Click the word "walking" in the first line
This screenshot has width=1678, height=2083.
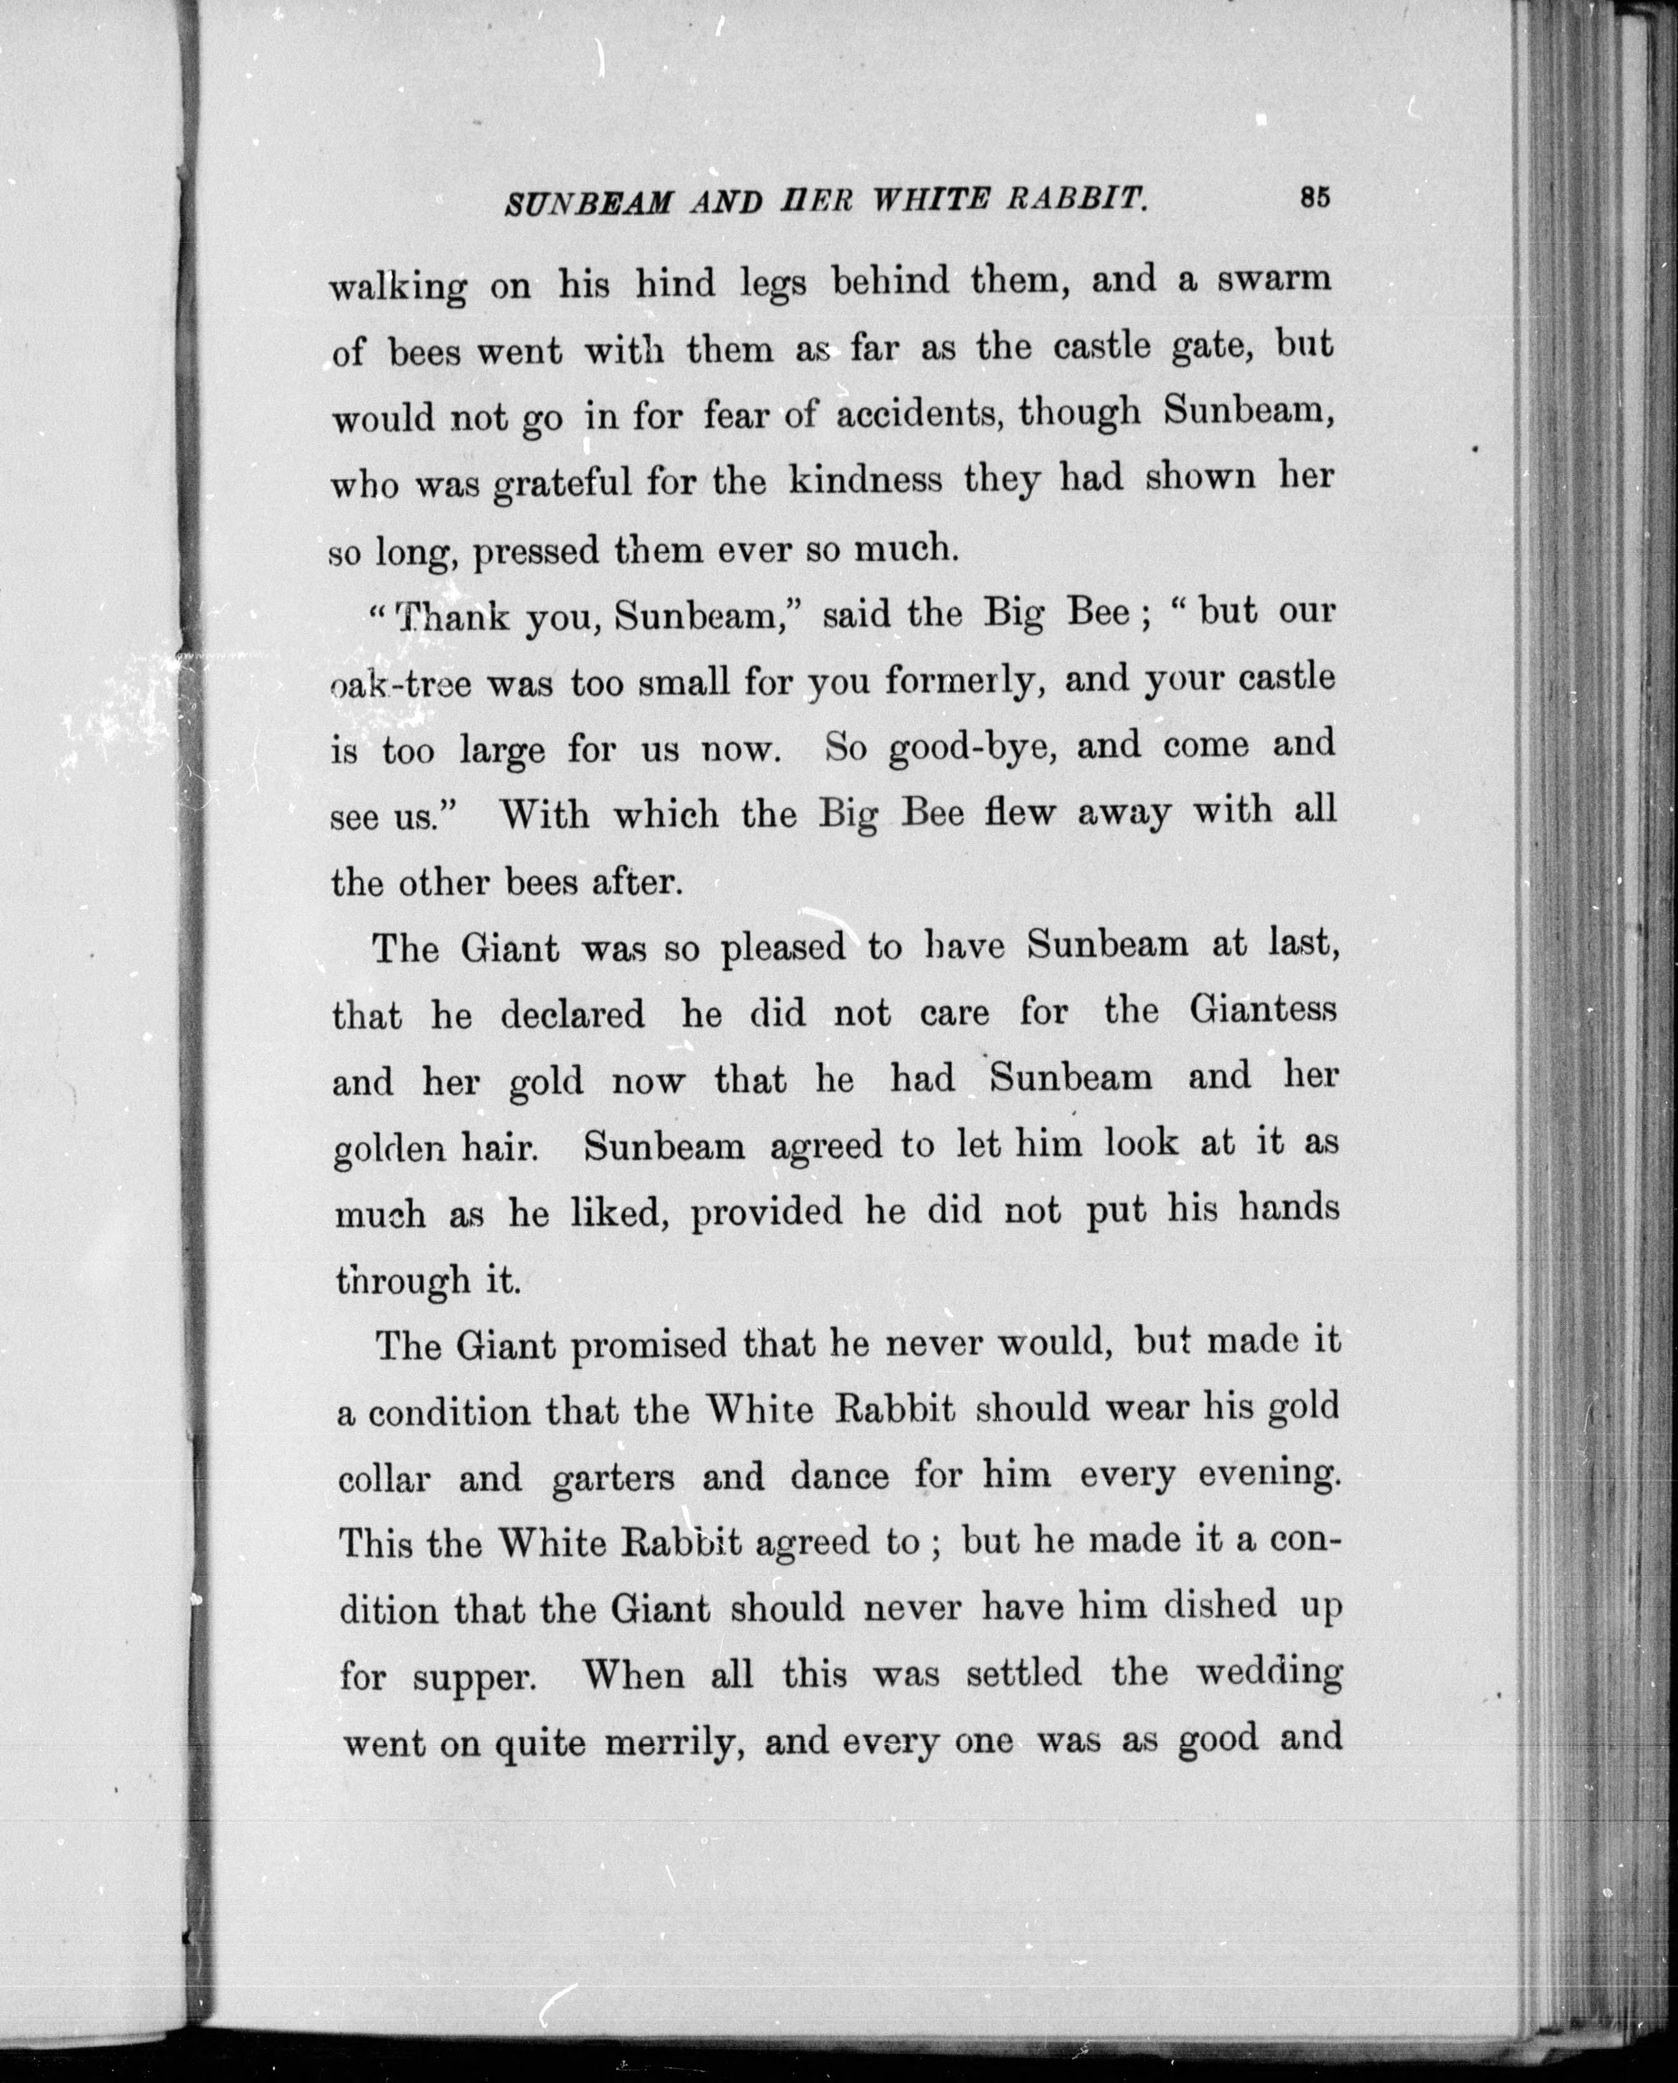[x=398, y=287]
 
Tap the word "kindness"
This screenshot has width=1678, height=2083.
[x=865, y=480]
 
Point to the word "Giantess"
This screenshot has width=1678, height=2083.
[x=1262, y=1010]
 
